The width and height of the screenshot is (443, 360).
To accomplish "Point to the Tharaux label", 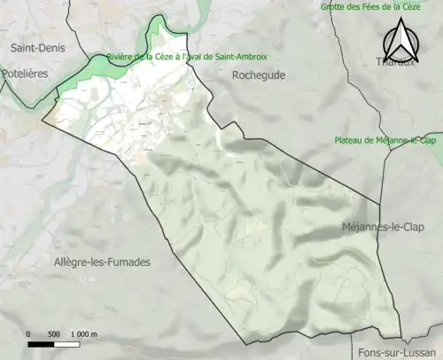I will (x=394, y=61).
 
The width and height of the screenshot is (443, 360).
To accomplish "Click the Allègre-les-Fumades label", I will (x=101, y=262).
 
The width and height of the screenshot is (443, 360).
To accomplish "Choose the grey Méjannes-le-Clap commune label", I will (x=385, y=228).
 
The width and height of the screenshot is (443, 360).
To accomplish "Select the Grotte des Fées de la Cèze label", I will (x=382, y=7).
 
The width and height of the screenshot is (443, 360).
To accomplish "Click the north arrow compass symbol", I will (x=400, y=41).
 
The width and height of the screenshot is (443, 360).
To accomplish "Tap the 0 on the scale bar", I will (x=28, y=333).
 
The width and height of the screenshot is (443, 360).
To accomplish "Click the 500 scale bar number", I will (x=52, y=333).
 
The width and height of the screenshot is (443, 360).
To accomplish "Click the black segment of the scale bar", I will (x=42, y=343).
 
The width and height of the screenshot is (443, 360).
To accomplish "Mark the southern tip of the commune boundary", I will (x=245, y=343).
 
